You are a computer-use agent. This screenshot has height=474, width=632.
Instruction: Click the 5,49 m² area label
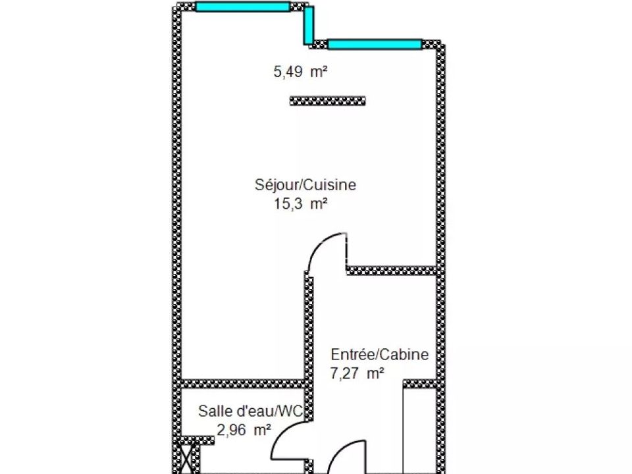point(300,72)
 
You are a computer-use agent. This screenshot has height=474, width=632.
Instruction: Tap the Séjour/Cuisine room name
point(305,184)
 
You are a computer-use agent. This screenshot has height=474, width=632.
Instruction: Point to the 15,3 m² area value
point(300,203)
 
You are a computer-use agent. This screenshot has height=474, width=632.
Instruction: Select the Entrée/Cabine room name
point(380,354)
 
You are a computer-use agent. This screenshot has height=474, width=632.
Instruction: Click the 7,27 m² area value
point(357,373)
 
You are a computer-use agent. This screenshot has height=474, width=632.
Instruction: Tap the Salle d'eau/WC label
point(250,411)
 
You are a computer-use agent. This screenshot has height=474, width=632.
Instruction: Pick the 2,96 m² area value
point(244,430)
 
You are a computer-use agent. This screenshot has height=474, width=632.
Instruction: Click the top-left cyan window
point(243,7)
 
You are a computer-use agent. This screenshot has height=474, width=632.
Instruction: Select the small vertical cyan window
point(308,25)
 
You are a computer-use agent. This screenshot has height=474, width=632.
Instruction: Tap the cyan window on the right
point(375,44)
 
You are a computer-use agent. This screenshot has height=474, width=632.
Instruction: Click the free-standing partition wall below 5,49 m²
point(328,101)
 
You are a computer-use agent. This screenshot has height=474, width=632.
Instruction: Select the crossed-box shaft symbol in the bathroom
point(186,458)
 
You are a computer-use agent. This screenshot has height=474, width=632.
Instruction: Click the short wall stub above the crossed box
point(197,440)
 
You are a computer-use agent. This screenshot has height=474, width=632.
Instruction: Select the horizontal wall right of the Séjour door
point(392,271)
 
